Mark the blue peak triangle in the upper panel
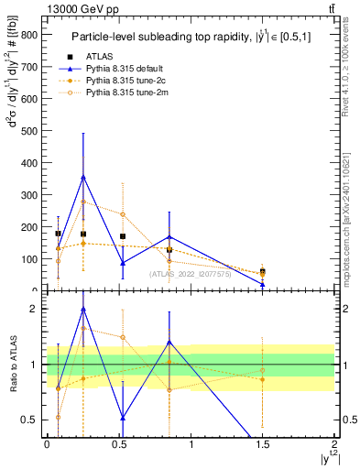coord(83,177)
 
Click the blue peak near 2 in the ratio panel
coord(83,310)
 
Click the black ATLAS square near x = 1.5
coord(263,271)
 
